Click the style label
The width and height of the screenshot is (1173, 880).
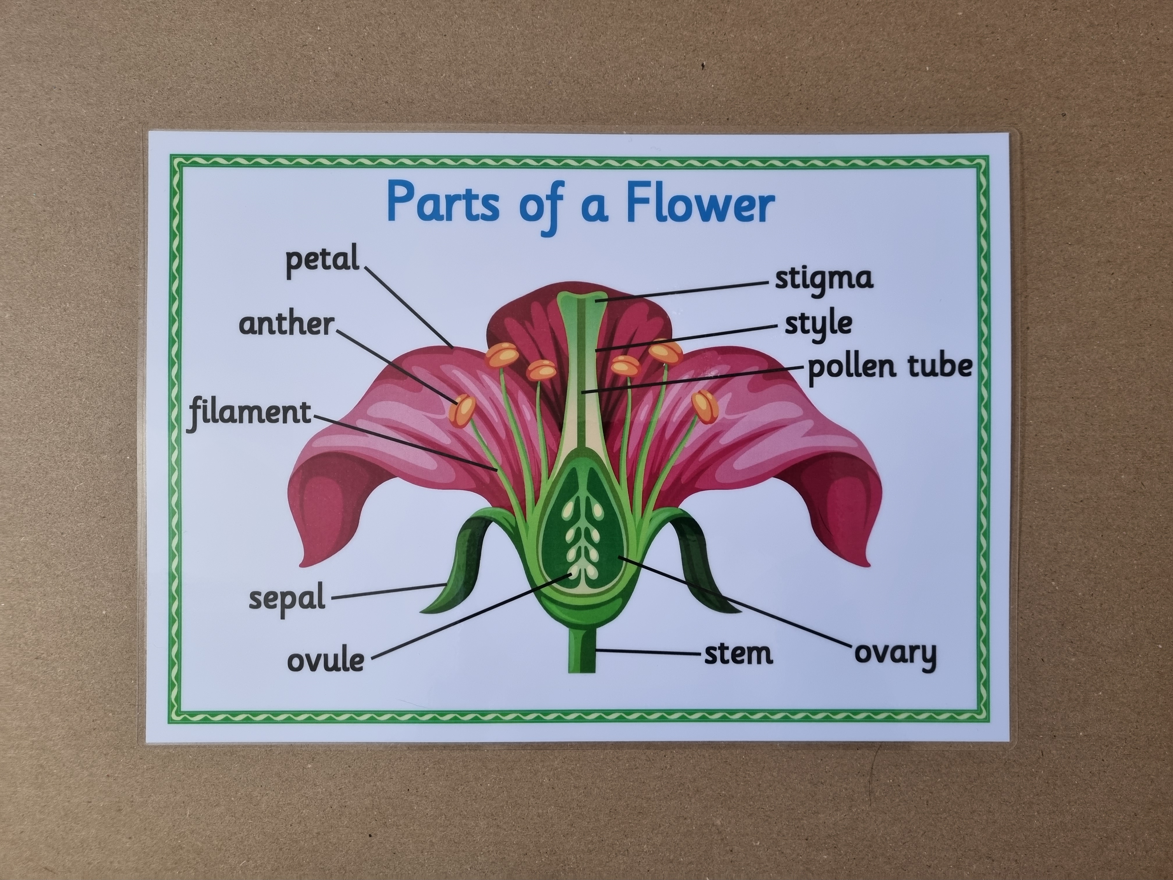coord(818,324)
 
